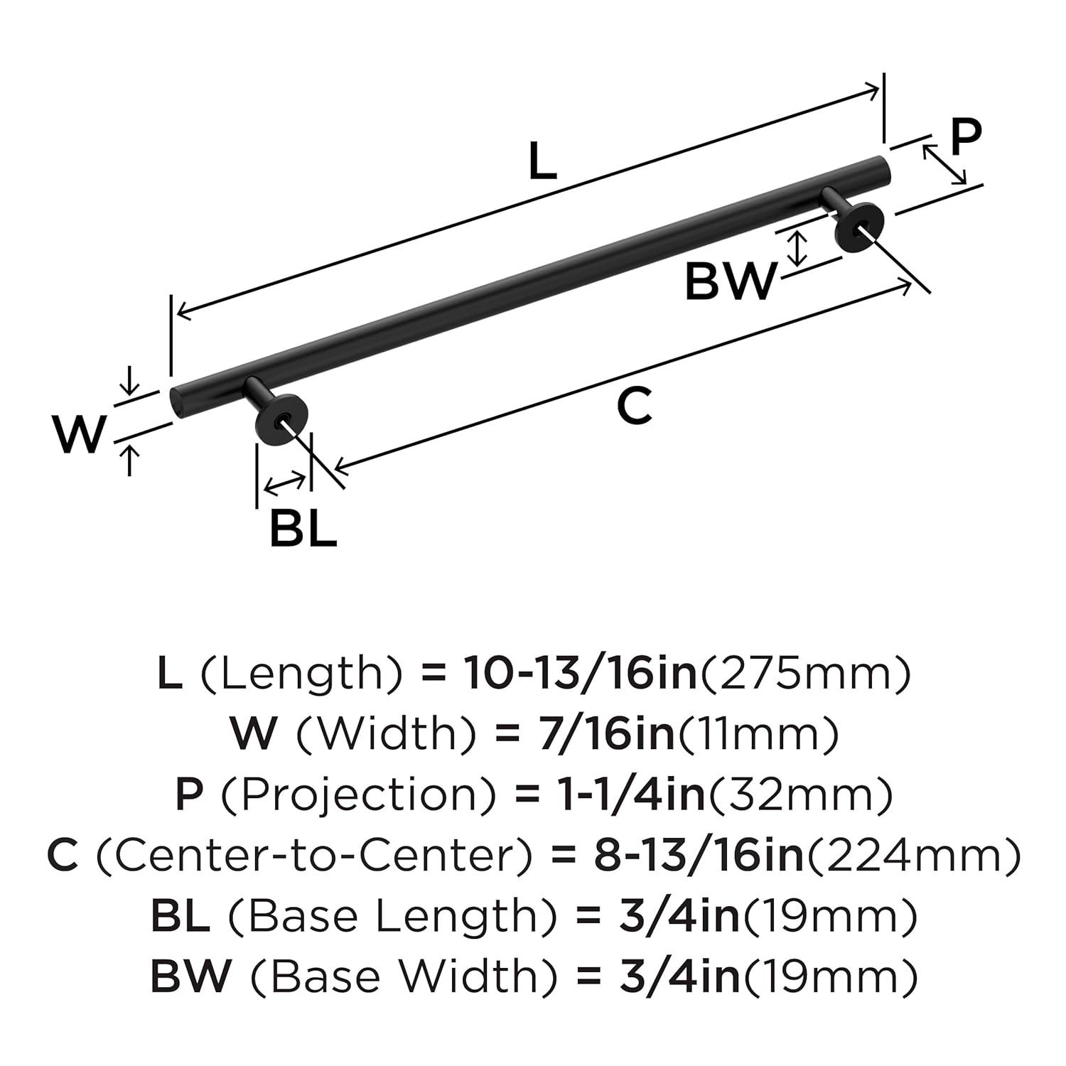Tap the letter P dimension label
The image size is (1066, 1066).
coord(966,137)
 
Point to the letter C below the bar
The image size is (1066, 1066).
coord(634,407)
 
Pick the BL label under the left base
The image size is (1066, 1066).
coord(303,529)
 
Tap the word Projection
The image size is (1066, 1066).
coord(358,795)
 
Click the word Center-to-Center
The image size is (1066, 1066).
coord(313,856)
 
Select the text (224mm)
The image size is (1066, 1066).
coord(912,856)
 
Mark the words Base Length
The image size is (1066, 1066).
coord(391,917)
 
